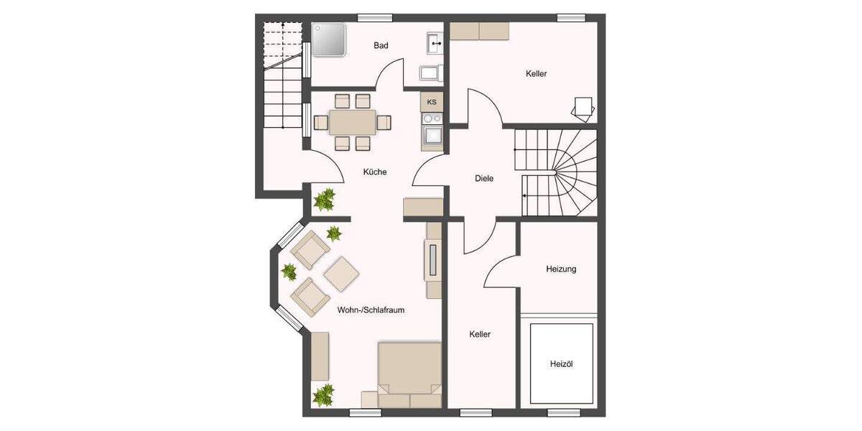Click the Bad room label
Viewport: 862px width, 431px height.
click(x=381, y=46)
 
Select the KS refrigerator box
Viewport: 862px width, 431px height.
click(x=432, y=102)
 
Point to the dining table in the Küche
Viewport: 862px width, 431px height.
click(x=352, y=122)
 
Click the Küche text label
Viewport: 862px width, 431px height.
click(x=375, y=172)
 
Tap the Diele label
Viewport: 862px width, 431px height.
click(x=484, y=178)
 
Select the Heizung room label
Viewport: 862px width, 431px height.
click(x=561, y=269)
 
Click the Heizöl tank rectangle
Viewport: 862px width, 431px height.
click(x=561, y=363)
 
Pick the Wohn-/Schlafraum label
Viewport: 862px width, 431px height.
click(x=371, y=310)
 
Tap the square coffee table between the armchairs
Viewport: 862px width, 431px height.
click(x=341, y=273)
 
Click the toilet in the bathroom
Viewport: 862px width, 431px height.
click(x=430, y=73)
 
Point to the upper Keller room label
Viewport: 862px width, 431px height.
click(x=537, y=73)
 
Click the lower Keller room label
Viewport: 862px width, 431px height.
click(x=480, y=334)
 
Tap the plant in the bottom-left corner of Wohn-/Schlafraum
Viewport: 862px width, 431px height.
click(x=323, y=394)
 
